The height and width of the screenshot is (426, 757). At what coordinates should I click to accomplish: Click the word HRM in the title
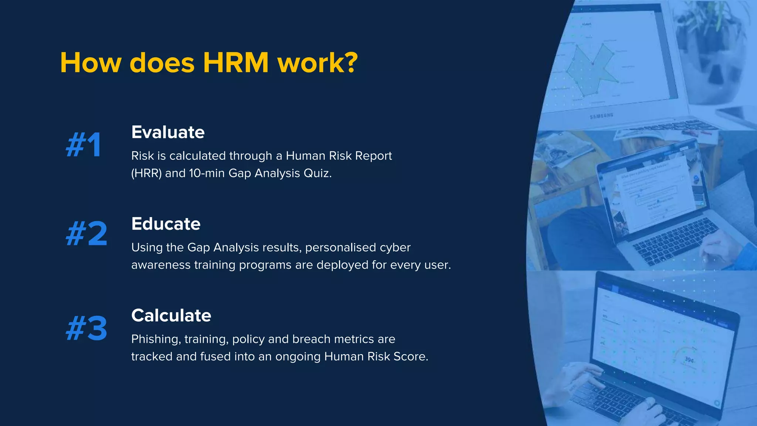click(x=235, y=63)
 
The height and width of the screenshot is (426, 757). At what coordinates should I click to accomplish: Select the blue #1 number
click(x=84, y=145)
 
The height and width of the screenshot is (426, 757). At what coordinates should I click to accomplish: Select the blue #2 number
click(x=86, y=234)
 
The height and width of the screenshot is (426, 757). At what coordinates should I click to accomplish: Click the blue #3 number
click(x=86, y=328)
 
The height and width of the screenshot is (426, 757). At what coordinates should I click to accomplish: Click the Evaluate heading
click(x=168, y=132)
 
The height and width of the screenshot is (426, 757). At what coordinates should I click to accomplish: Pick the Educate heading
click(x=166, y=224)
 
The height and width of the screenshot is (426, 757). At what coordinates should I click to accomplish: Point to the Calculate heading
click(x=171, y=316)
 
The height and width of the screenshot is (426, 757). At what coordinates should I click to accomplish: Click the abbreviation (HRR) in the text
click(x=146, y=173)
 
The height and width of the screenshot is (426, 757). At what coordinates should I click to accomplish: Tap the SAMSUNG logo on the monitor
click(x=601, y=116)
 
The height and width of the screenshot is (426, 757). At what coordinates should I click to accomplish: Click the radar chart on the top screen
click(x=591, y=70)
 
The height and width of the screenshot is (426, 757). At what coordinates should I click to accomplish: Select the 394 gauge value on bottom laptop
click(x=689, y=359)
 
